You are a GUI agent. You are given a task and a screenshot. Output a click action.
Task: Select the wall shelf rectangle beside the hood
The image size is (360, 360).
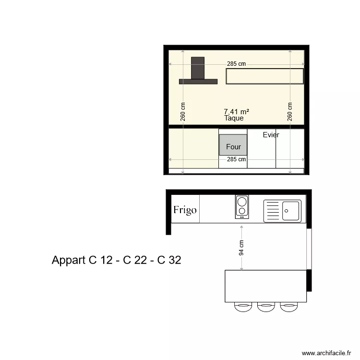coord(265,76)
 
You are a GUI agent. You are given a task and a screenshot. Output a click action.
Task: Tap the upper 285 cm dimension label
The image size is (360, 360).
coord(236,64)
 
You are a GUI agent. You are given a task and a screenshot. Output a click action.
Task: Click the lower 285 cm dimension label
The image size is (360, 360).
coord(236,159)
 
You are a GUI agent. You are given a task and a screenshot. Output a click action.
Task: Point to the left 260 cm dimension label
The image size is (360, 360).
coord(183,112)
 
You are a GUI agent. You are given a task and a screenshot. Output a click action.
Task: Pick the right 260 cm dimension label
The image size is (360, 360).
coord(290,112)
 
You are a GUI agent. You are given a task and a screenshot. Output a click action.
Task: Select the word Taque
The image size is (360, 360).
coord(234,118)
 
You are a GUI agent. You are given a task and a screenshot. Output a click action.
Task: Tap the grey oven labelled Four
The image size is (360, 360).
coord(233,145)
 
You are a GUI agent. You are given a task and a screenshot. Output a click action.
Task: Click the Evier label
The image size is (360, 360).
coord(271,135)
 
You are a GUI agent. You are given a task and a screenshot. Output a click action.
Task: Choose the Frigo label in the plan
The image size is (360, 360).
coord(185,210)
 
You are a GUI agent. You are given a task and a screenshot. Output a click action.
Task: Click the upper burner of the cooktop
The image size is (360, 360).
coord(241,201)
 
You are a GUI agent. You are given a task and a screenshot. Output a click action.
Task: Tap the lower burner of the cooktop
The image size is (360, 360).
coord(241,211)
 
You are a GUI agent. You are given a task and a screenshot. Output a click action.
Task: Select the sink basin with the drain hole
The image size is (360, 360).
coord(290,210)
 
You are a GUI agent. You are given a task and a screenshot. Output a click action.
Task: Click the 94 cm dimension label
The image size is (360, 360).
coord(241,248)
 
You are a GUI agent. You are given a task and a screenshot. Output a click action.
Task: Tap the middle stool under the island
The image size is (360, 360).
coord(265,306)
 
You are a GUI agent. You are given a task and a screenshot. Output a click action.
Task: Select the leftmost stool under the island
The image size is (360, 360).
coord(242,306)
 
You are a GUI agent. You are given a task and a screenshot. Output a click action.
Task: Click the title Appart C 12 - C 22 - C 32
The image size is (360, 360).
coord(116,260)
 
